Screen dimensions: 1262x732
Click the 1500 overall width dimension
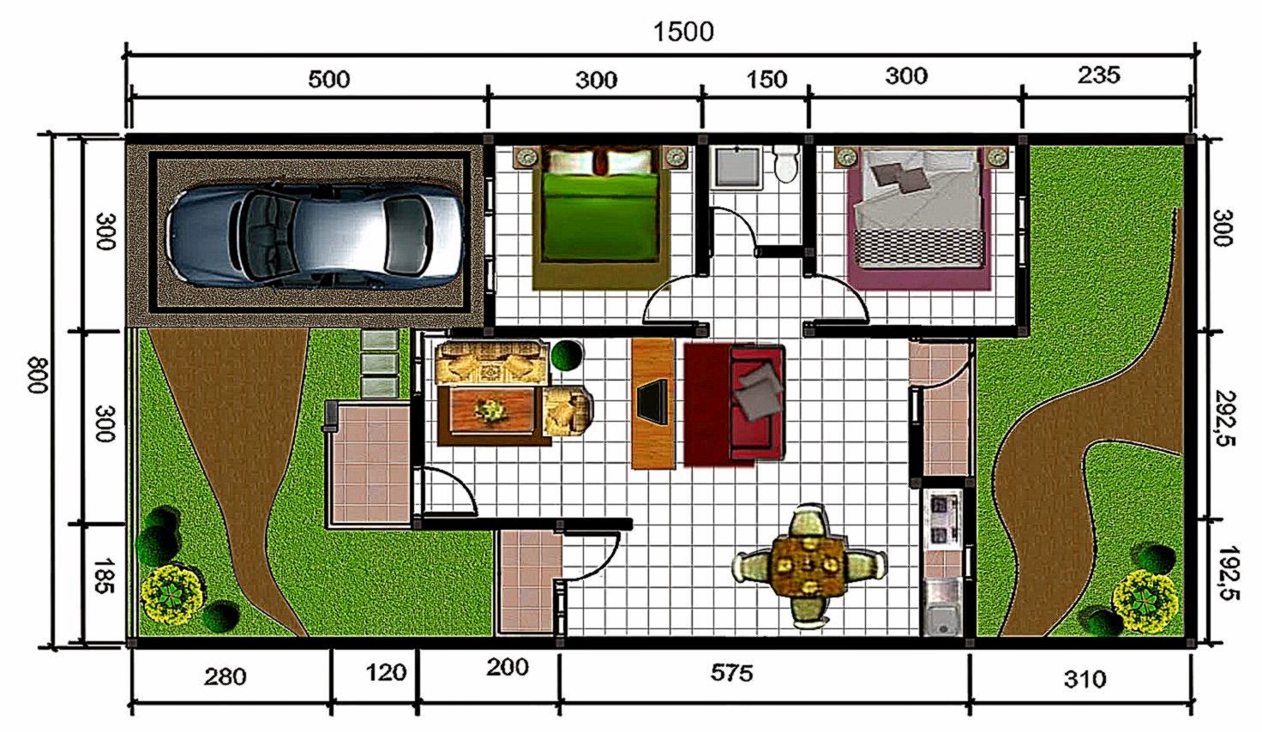pos(683,32)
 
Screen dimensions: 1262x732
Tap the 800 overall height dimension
pos(39,375)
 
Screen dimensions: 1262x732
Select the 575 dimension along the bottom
pos(731,672)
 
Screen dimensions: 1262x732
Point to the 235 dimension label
pos(1098,75)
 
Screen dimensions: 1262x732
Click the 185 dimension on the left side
pos(105,575)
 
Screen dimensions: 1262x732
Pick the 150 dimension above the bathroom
pos(766,80)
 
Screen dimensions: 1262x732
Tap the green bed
pos(601,217)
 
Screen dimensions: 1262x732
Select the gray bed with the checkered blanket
pos(919,218)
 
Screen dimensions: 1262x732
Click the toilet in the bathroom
pos(785,164)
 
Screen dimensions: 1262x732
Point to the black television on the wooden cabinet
pos(653,402)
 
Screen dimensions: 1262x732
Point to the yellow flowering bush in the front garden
pos(171,595)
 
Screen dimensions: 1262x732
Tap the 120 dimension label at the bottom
pos(386,672)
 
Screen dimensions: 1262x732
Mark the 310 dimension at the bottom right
pos(1085,679)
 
